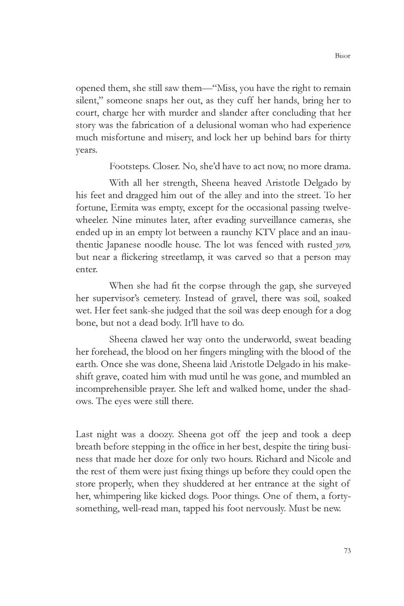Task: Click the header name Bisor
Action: tap(343, 56)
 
